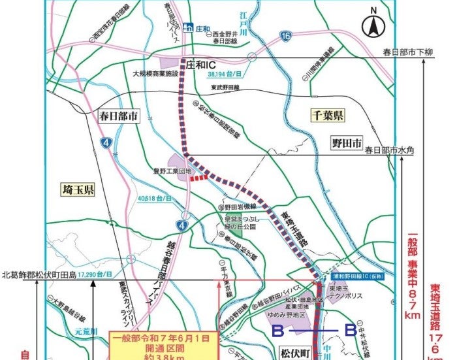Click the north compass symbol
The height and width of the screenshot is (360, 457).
(373, 25)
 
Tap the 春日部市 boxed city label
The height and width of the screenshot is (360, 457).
(118, 117)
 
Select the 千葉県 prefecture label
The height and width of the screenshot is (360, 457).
(327, 116)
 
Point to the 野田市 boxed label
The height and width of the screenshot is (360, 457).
(345, 143)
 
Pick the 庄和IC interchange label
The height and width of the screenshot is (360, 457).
(200, 65)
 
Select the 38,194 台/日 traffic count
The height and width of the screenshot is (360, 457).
(227, 75)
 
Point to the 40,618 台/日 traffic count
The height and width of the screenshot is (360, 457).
(155, 198)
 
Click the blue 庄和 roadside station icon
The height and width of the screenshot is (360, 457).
(187, 27)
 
